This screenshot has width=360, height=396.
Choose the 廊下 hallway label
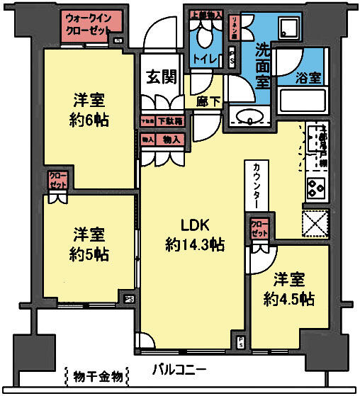(206, 101)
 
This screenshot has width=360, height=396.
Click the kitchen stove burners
(315, 189)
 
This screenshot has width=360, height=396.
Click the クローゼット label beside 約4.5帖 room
(259, 229)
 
